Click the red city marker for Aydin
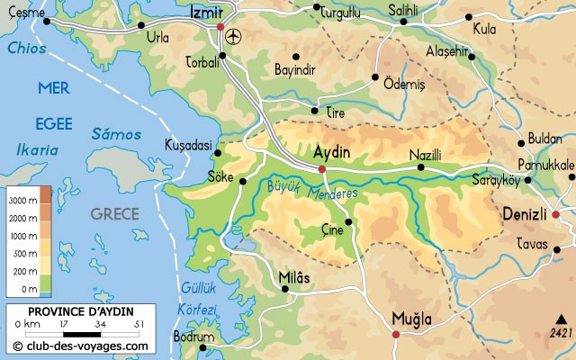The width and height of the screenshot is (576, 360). pyautogui.click(x=321, y=168)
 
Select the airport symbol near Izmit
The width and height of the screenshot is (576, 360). pyautogui.click(x=236, y=37)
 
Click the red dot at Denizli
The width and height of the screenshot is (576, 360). pyautogui.click(x=555, y=214)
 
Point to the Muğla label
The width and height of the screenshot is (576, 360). pyautogui.click(x=411, y=319)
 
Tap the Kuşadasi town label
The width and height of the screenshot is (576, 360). pyautogui.click(x=188, y=145)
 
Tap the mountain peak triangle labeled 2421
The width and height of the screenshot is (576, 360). pyautogui.click(x=561, y=319)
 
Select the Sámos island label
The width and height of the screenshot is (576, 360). pyautogui.click(x=116, y=133)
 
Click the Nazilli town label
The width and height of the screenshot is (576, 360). pyautogui.click(x=427, y=155)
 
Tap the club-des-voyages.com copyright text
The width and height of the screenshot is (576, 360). pyautogui.click(x=81, y=345)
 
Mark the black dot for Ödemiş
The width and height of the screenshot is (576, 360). pyautogui.click(x=375, y=78)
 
